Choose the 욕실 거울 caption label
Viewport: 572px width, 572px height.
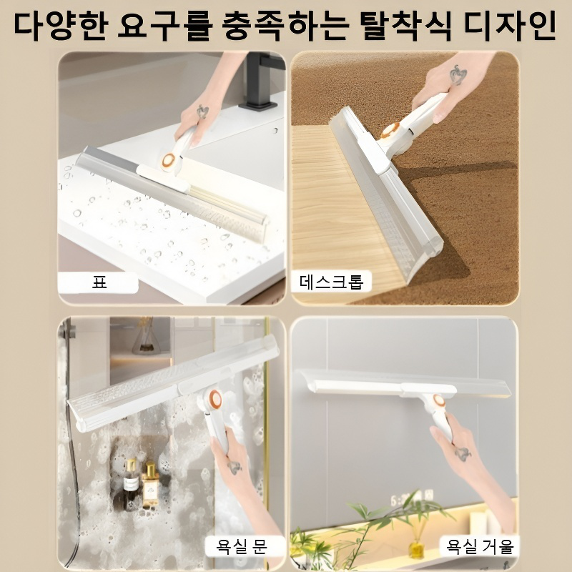480,547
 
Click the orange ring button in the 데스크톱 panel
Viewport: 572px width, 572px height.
390,131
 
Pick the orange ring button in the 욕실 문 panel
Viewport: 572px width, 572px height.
214,400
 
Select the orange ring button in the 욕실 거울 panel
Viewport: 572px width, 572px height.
438,401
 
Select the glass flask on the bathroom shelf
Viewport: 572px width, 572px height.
146,336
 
